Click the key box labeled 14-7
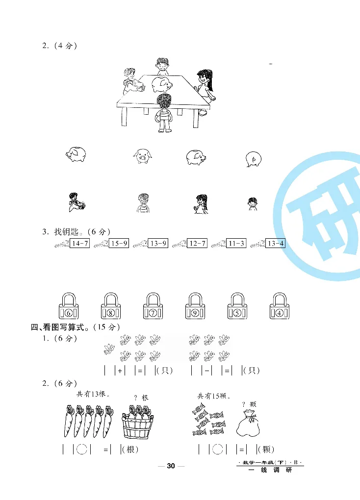coord(79,243)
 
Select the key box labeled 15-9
coord(119,243)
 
